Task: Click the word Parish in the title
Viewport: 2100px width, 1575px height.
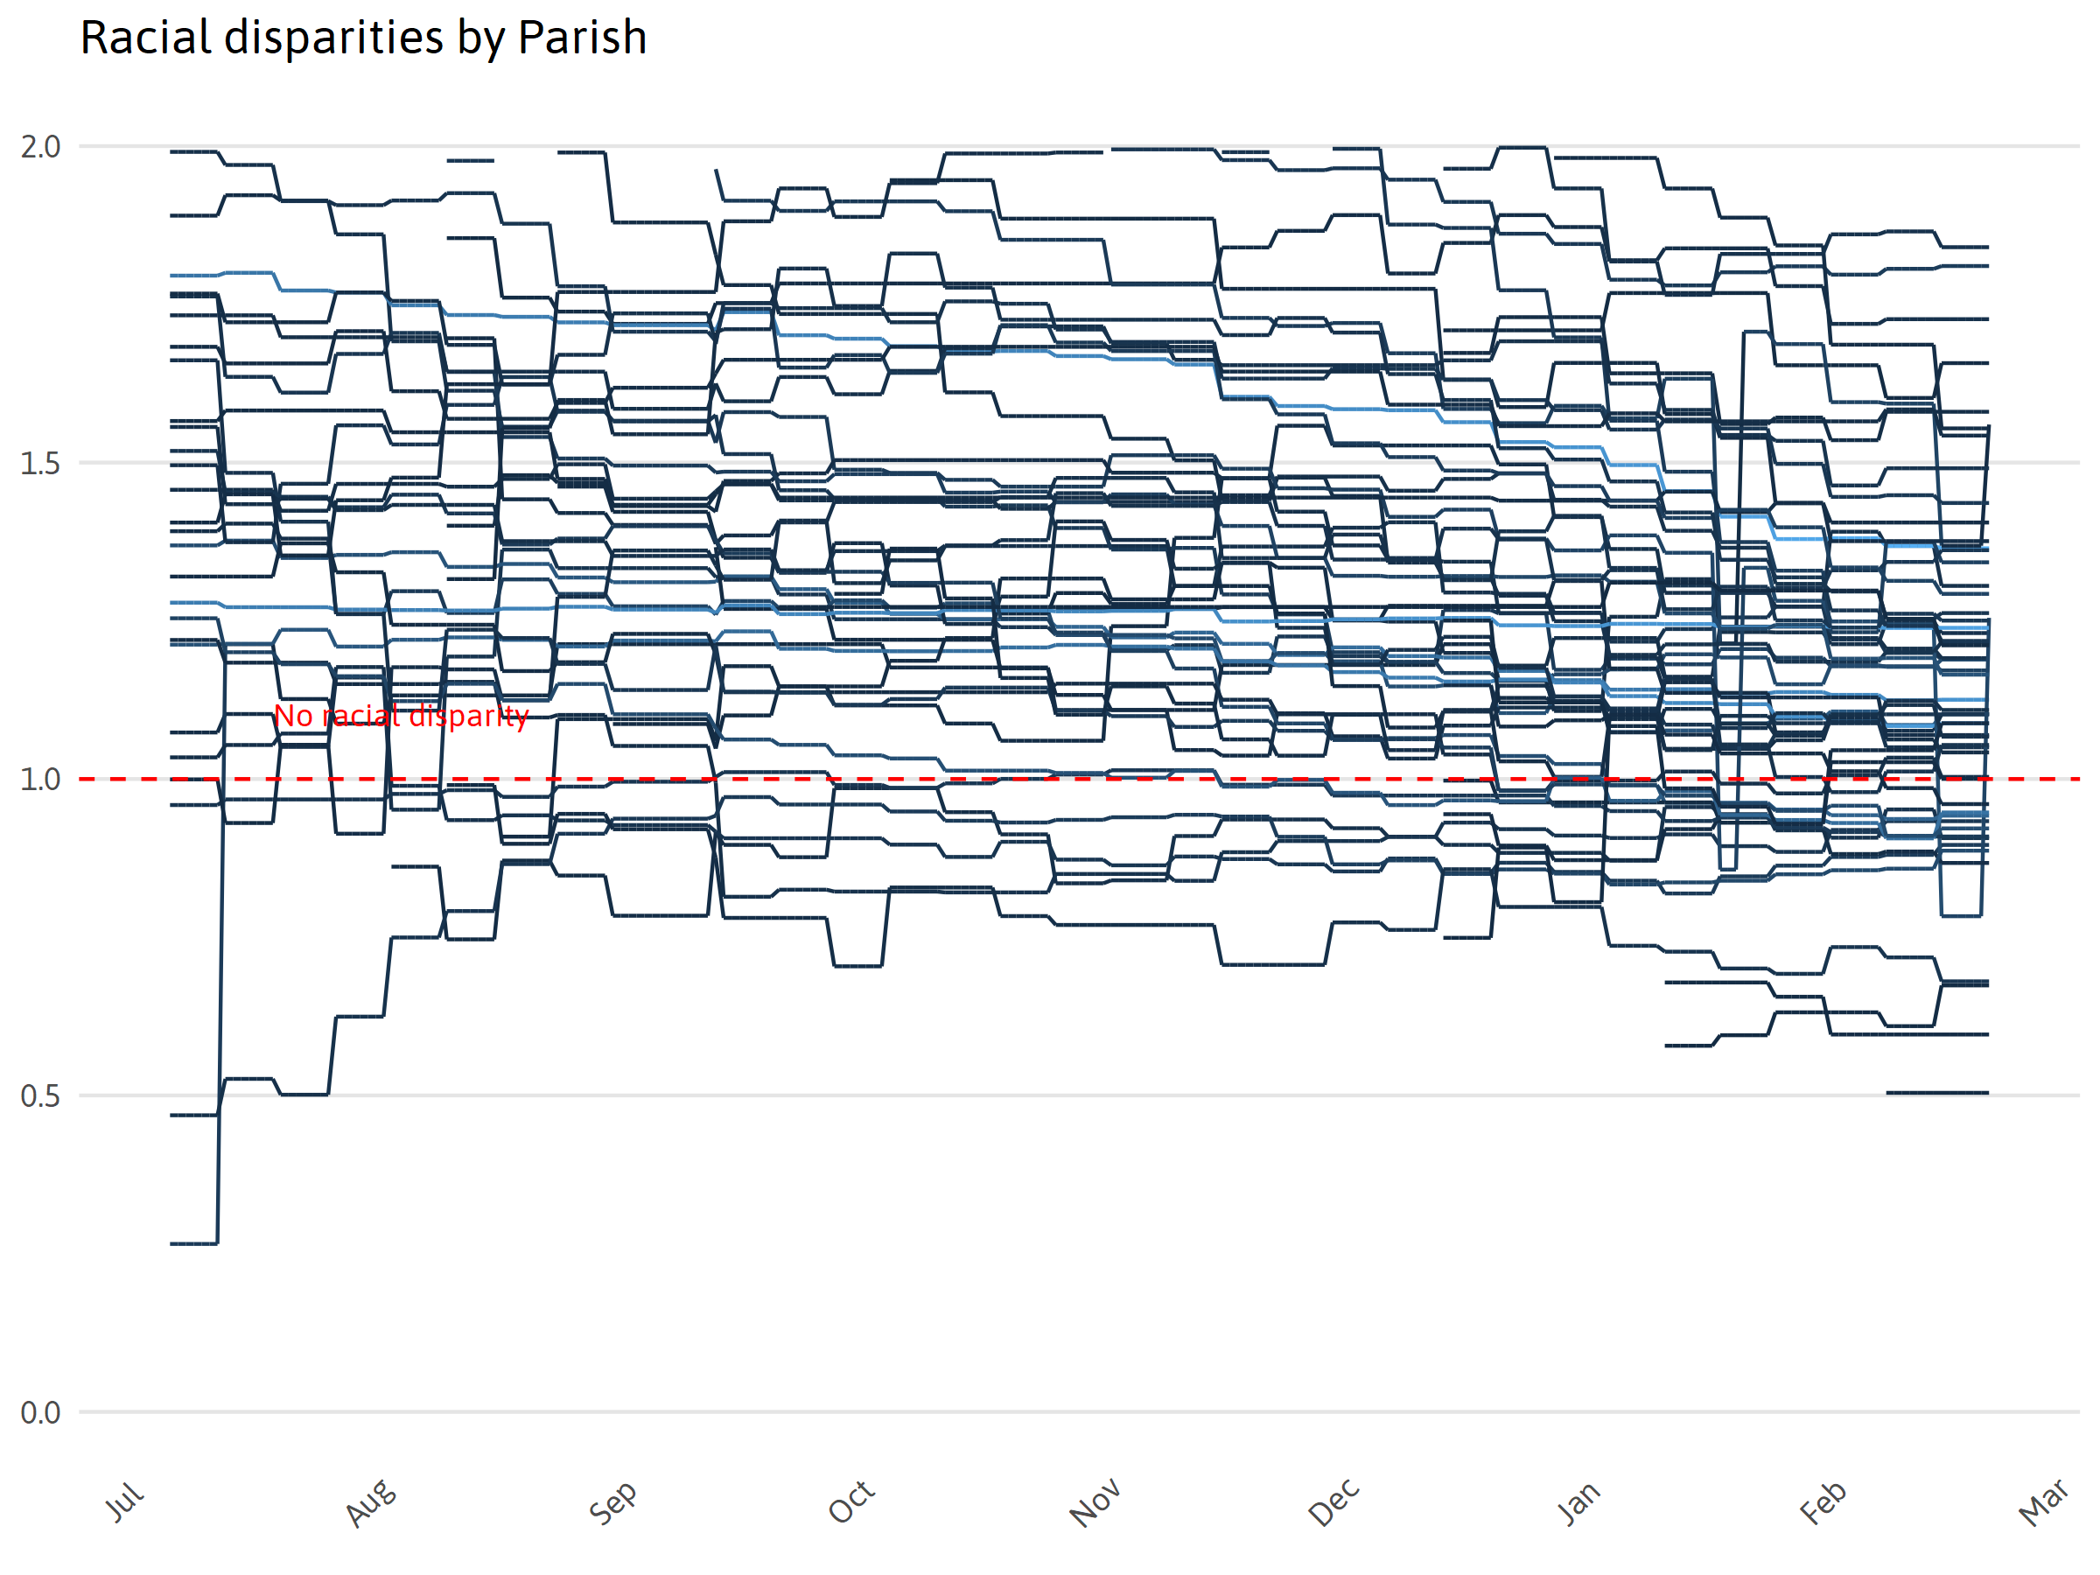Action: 582,38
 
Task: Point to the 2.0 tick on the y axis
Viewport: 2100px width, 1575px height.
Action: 40,147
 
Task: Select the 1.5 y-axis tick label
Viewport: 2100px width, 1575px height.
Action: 40,463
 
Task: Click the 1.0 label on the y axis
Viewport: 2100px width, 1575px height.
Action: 40,780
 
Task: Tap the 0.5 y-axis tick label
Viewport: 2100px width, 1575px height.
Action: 40,1095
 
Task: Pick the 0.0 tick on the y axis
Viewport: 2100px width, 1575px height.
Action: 40,1411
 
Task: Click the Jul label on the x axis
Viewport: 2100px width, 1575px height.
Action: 124,1501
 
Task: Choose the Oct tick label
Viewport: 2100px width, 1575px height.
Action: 850,1501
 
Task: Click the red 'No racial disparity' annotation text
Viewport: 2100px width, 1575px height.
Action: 401,716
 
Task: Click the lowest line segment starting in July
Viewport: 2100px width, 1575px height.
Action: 193,1242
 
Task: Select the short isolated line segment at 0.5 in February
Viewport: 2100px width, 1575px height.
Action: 1936,1093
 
